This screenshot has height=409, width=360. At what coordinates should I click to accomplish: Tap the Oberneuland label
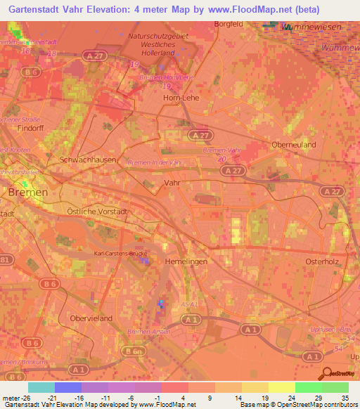point(293,144)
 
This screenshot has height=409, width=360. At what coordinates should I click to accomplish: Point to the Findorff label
point(31,129)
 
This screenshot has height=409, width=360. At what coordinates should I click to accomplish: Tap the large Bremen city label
point(27,192)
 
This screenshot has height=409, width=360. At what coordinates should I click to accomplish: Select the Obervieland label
point(91,318)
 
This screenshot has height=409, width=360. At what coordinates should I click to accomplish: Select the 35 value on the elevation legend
point(345,398)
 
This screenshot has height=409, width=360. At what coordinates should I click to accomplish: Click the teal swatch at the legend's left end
point(41,387)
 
